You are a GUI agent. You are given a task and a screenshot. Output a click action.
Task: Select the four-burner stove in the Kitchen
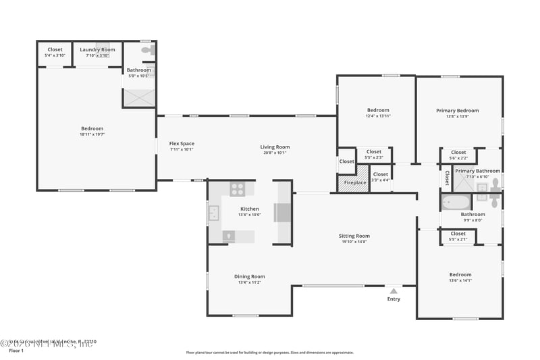tap(237, 189)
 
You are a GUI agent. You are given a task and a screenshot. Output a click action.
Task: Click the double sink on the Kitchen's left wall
tap(213, 214)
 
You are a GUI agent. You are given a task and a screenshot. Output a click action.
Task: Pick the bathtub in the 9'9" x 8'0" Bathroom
tap(456, 201)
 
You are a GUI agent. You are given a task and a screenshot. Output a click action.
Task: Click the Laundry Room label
tap(98, 49)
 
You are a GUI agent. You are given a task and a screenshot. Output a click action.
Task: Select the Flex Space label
tap(182, 144)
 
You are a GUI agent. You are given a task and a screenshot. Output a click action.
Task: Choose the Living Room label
tap(275, 147)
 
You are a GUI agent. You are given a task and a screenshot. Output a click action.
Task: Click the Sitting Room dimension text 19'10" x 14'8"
tap(354, 242)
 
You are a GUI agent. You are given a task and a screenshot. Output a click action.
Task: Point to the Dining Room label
tap(249, 276)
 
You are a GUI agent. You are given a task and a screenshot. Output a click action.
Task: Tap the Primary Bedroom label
tap(457, 111)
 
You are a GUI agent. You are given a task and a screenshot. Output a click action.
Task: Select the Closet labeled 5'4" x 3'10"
tap(55, 55)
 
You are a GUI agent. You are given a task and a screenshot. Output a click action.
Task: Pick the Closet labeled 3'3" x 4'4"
tap(380, 180)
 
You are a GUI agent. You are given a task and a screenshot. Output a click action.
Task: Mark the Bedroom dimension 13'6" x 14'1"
tap(460, 280)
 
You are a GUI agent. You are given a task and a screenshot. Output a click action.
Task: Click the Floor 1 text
tap(16, 351)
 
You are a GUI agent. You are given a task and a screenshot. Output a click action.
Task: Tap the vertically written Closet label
tap(447, 178)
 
